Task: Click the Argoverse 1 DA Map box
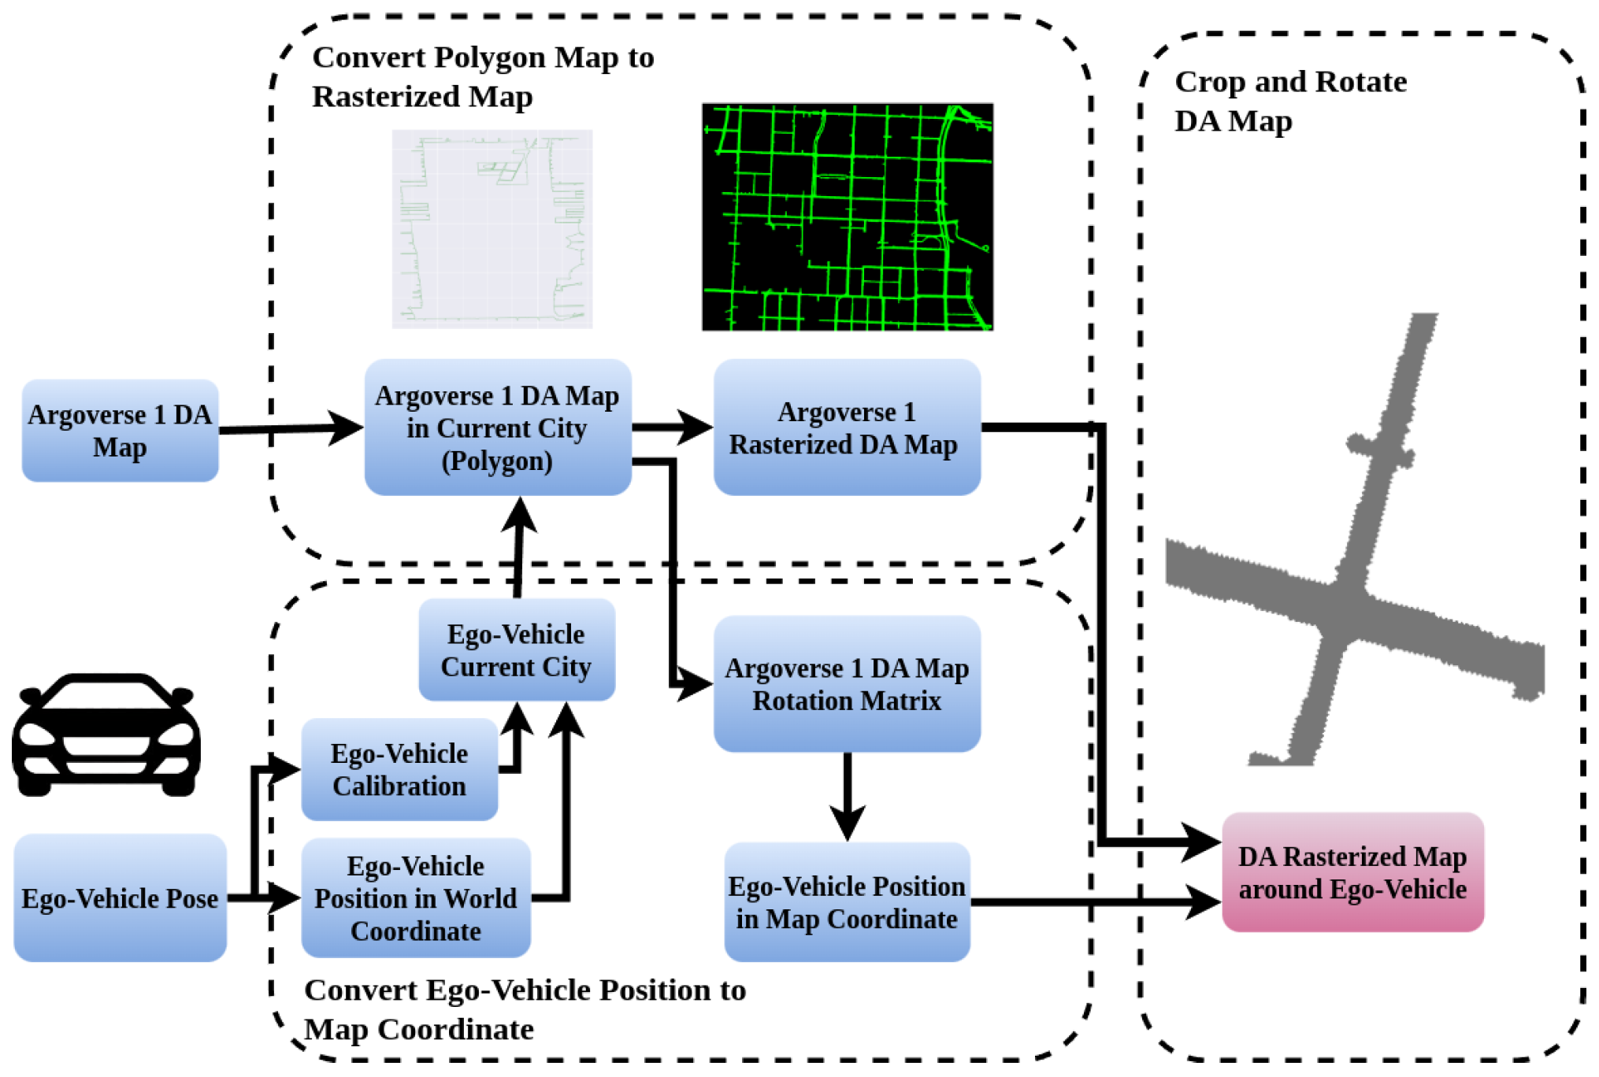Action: pyautogui.click(x=120, y=431)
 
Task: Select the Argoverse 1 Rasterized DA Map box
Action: pyautogui.click(x=846, y=427)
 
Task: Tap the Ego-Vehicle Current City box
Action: pyautogui.click(x=516, y=650)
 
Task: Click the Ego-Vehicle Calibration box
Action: pyautogui.click(x=399, y=769)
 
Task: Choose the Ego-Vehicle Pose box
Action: pyautogui.click(x=120, y=898)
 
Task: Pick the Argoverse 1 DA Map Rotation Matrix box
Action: pyautogui.click(x=846, y=683)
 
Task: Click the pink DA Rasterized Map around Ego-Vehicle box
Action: pyautogui.click(x=1352, y=872)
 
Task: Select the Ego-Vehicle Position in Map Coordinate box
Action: pyautogui.click(x=846, y=902)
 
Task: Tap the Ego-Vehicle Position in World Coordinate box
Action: pyautogui.click(x=415, y=898)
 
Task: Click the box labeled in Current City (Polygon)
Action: pyautogui.click(x=497, y=427)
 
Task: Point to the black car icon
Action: pyautogui.click(x=106, y=735)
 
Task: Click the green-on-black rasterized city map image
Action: pyautogui.click(x=847, y=217)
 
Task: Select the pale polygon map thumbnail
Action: pyautogui.click(x=492, y=228)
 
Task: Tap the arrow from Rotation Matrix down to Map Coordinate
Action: pyautogui.click(x=847, y=795)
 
